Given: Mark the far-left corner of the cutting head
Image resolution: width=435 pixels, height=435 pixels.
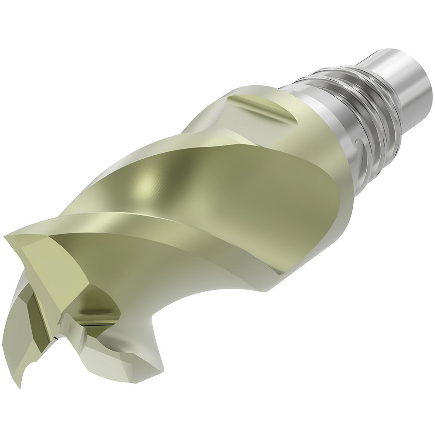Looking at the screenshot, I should click(5, 237).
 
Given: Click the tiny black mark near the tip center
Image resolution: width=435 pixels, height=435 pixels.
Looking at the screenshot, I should click(57, 337).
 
